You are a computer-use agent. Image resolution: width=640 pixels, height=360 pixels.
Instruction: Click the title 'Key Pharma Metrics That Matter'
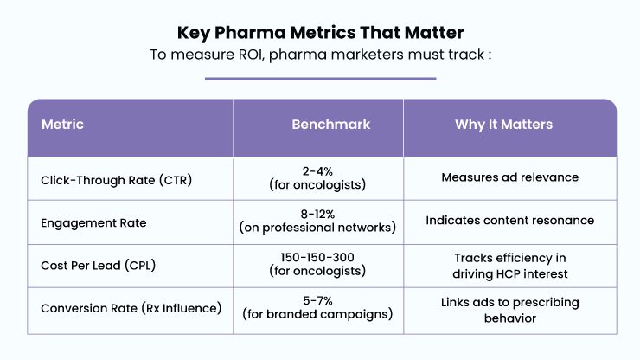tap(320, 33)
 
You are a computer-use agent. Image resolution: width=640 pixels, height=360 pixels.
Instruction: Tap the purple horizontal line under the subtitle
tap(320, 79)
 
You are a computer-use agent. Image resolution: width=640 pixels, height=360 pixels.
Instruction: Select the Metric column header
tap(62, 125)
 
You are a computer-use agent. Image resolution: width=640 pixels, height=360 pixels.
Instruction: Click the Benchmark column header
tap(331, 125)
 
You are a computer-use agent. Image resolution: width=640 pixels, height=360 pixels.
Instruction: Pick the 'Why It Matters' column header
tap(503, 125)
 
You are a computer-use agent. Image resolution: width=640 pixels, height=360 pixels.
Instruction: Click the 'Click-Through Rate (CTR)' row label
tap(117, 180)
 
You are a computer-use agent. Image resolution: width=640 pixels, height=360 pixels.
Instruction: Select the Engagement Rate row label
tap(93, 223)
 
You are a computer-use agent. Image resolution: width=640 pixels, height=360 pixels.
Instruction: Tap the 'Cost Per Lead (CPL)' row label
tap(98, 266)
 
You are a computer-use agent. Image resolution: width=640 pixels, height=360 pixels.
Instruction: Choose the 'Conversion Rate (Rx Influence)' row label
tap(131, 308)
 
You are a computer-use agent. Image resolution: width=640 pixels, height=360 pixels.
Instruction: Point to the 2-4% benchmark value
tap(317, 171)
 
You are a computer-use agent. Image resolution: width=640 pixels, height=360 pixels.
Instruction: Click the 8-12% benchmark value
tap(317, 214)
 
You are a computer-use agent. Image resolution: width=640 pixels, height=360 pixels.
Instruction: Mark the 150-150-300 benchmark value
tap(317, 257)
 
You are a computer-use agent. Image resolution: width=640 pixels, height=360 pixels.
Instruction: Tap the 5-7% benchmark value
tap(317, 301)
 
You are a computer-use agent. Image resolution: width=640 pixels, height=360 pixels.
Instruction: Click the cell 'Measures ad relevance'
tap(509, 177)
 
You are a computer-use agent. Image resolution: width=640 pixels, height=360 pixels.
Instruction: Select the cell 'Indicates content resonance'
tap(509, 221)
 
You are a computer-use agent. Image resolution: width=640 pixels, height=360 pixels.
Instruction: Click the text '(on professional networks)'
tap(317, 228)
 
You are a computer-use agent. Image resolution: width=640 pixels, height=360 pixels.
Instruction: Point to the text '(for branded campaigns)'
tap(317, 314)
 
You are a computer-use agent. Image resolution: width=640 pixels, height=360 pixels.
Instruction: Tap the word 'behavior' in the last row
tap(509, 318)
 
